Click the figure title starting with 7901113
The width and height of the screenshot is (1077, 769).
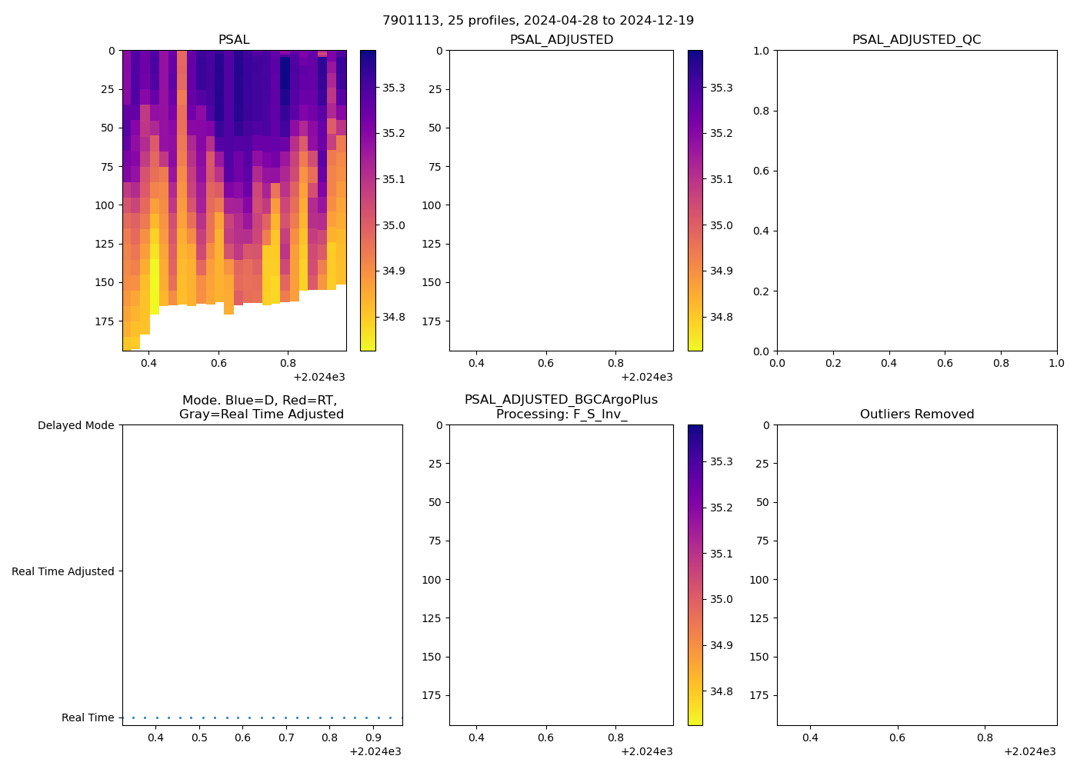pos(538,21)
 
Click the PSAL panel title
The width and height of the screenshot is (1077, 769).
pos(234,40)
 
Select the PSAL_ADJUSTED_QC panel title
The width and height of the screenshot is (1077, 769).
pos(916,40)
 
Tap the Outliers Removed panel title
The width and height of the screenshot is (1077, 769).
pos(916,414)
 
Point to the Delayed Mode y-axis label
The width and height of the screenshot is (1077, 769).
pos(75,425)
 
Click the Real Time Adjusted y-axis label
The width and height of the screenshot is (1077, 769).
pos(62,571)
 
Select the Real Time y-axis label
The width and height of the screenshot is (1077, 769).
pos(88,717)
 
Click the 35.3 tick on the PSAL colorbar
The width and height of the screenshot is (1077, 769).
pos(394,88)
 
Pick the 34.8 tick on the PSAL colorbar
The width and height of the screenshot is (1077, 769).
pos(394,317)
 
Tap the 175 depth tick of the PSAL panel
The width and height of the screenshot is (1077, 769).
pos(105,321)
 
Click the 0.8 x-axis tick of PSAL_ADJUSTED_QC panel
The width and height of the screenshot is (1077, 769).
pos(1001,363)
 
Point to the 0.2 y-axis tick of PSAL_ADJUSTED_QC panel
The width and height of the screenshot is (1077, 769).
pos(760,291)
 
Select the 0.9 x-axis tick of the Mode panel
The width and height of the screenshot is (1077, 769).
pos(373,738)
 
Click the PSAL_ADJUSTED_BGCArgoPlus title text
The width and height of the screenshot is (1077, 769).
pos(561,400)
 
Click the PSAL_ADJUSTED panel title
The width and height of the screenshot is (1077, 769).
pos(561,40)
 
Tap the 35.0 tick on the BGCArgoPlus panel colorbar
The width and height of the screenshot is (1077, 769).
pos(721,599)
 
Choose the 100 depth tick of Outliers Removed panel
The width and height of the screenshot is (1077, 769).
pos(759,580)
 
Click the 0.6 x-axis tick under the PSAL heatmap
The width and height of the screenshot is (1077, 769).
pos(218,363)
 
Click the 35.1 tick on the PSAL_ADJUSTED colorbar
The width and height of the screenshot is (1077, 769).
pos(721,179)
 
